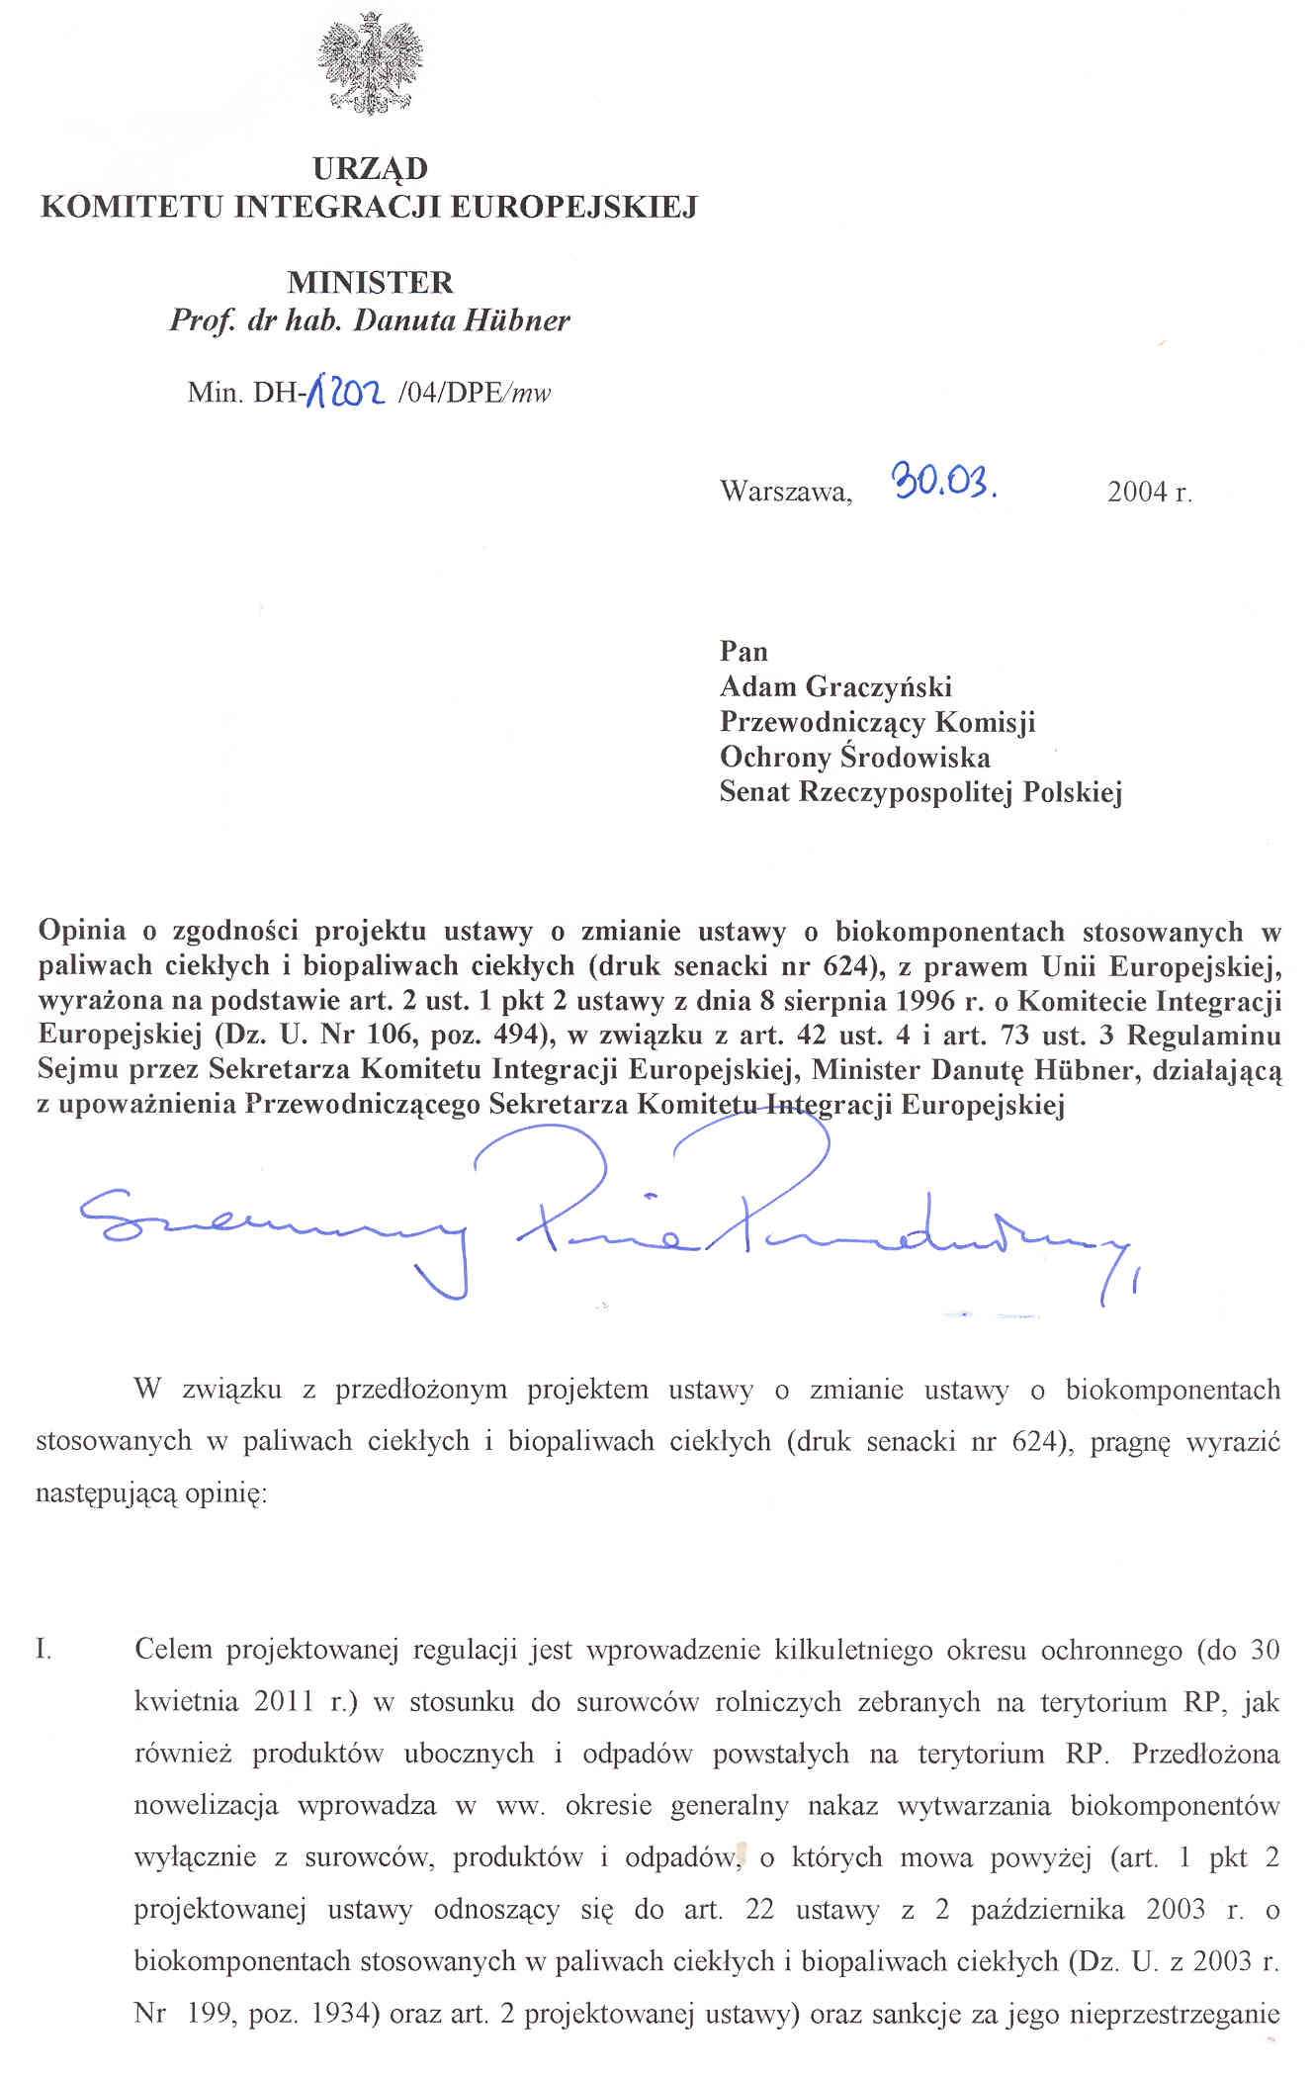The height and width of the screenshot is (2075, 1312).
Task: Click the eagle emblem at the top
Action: tap(370, 64)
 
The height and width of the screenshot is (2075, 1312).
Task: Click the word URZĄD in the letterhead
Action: tap(370, 168)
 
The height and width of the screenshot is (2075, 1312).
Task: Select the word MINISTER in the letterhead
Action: tap(370, 283)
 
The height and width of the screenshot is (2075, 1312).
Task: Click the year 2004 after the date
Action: tap(1137, 492)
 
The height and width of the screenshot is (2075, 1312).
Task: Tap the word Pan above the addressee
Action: tap(743, 651)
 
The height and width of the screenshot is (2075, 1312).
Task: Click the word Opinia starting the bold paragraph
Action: tap(82, 932)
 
